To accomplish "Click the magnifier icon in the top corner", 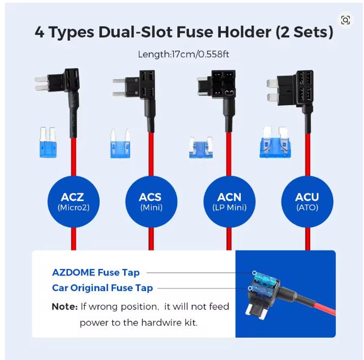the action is click(346, 20).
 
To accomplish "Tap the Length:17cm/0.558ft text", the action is click(183, 55).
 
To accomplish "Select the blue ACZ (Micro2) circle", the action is click(74, 202).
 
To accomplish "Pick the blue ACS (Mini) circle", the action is click(151, 202).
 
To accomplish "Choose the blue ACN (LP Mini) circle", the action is click(229, 202).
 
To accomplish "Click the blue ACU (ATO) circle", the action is click(307, 202).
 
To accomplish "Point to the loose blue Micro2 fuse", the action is click(48, 142).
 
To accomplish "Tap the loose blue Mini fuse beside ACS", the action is click(120, 144).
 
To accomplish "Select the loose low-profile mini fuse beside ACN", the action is click(201, 147).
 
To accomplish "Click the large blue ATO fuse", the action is click(275, 143).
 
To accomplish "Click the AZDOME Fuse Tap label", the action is click(96, 273).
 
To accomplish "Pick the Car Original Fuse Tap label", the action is click(103, 288).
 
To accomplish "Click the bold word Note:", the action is click(65, 307).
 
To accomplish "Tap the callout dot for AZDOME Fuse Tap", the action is click(254, 273).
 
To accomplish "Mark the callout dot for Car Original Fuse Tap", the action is click(250, 288).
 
